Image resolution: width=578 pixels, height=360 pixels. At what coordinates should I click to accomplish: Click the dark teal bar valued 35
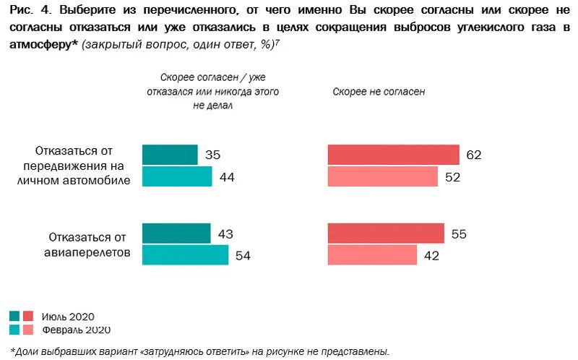click(170, 155)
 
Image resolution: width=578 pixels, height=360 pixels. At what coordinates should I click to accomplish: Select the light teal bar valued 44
click(177, 176)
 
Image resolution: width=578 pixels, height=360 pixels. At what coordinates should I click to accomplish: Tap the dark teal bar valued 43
click(176, 233)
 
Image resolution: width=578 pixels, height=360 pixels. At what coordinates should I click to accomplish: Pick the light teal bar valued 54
click(185, 255)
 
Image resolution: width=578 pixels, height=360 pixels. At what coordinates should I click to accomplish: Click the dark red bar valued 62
click(393, 155)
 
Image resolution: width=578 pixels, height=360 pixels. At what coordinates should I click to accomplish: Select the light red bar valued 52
click(382, 176)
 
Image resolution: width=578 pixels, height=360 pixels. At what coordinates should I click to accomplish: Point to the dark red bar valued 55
click(385, 233)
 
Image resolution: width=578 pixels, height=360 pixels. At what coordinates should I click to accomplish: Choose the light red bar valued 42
click(372, 255)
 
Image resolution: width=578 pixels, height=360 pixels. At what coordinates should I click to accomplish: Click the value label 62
click(473, 155)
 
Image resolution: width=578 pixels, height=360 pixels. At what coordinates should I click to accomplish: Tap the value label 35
click(212, 155)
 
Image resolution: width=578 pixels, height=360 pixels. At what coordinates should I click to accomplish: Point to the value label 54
click(243, 256)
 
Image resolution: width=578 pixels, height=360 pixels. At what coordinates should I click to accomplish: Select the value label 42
click(431, 256)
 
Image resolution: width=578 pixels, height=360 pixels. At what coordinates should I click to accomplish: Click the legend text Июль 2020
click(67, 317)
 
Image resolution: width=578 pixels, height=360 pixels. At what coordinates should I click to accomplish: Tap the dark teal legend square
click(14, 316)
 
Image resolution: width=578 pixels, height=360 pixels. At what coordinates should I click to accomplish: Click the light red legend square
click(28, 330)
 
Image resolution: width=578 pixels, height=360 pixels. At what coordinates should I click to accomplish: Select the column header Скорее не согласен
click(379, 93)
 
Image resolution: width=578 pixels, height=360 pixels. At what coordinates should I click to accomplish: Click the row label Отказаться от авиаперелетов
click(88, 244)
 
